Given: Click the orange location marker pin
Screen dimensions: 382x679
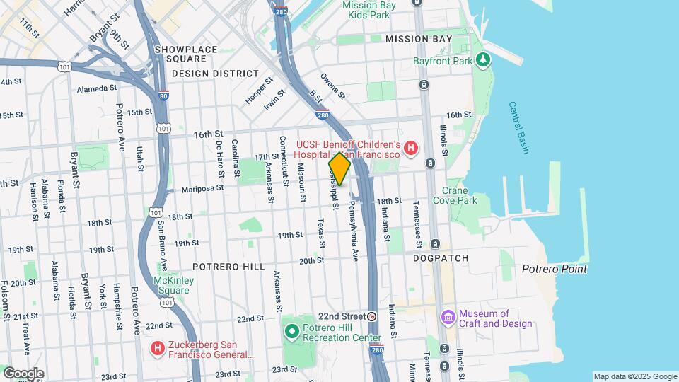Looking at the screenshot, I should [x=339, y=168].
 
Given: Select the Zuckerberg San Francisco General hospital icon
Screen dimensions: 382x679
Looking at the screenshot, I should [x=158, y=349].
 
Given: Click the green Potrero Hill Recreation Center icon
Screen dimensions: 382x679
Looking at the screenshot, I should [x=291, y=331].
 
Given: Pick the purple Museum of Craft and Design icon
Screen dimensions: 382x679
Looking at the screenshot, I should [x=447, y=316].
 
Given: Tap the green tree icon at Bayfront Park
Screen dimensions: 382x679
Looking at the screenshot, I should [x=484, y=60].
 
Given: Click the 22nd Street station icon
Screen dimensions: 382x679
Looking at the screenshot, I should [x=371, y=316].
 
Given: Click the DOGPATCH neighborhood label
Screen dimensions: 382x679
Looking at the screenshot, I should [x=441, y=259].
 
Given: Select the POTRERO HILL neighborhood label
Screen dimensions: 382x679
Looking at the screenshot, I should [x=228, y=267].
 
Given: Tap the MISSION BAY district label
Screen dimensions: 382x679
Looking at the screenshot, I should [x=418, y=39].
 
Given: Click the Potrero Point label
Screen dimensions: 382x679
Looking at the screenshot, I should [x=555, y=269].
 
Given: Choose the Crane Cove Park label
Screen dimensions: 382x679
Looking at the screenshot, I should [x=460, y=195].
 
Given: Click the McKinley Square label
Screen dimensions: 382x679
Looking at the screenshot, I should [x=173, y=285].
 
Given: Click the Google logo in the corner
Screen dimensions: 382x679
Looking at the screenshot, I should [x=23, y=373].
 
